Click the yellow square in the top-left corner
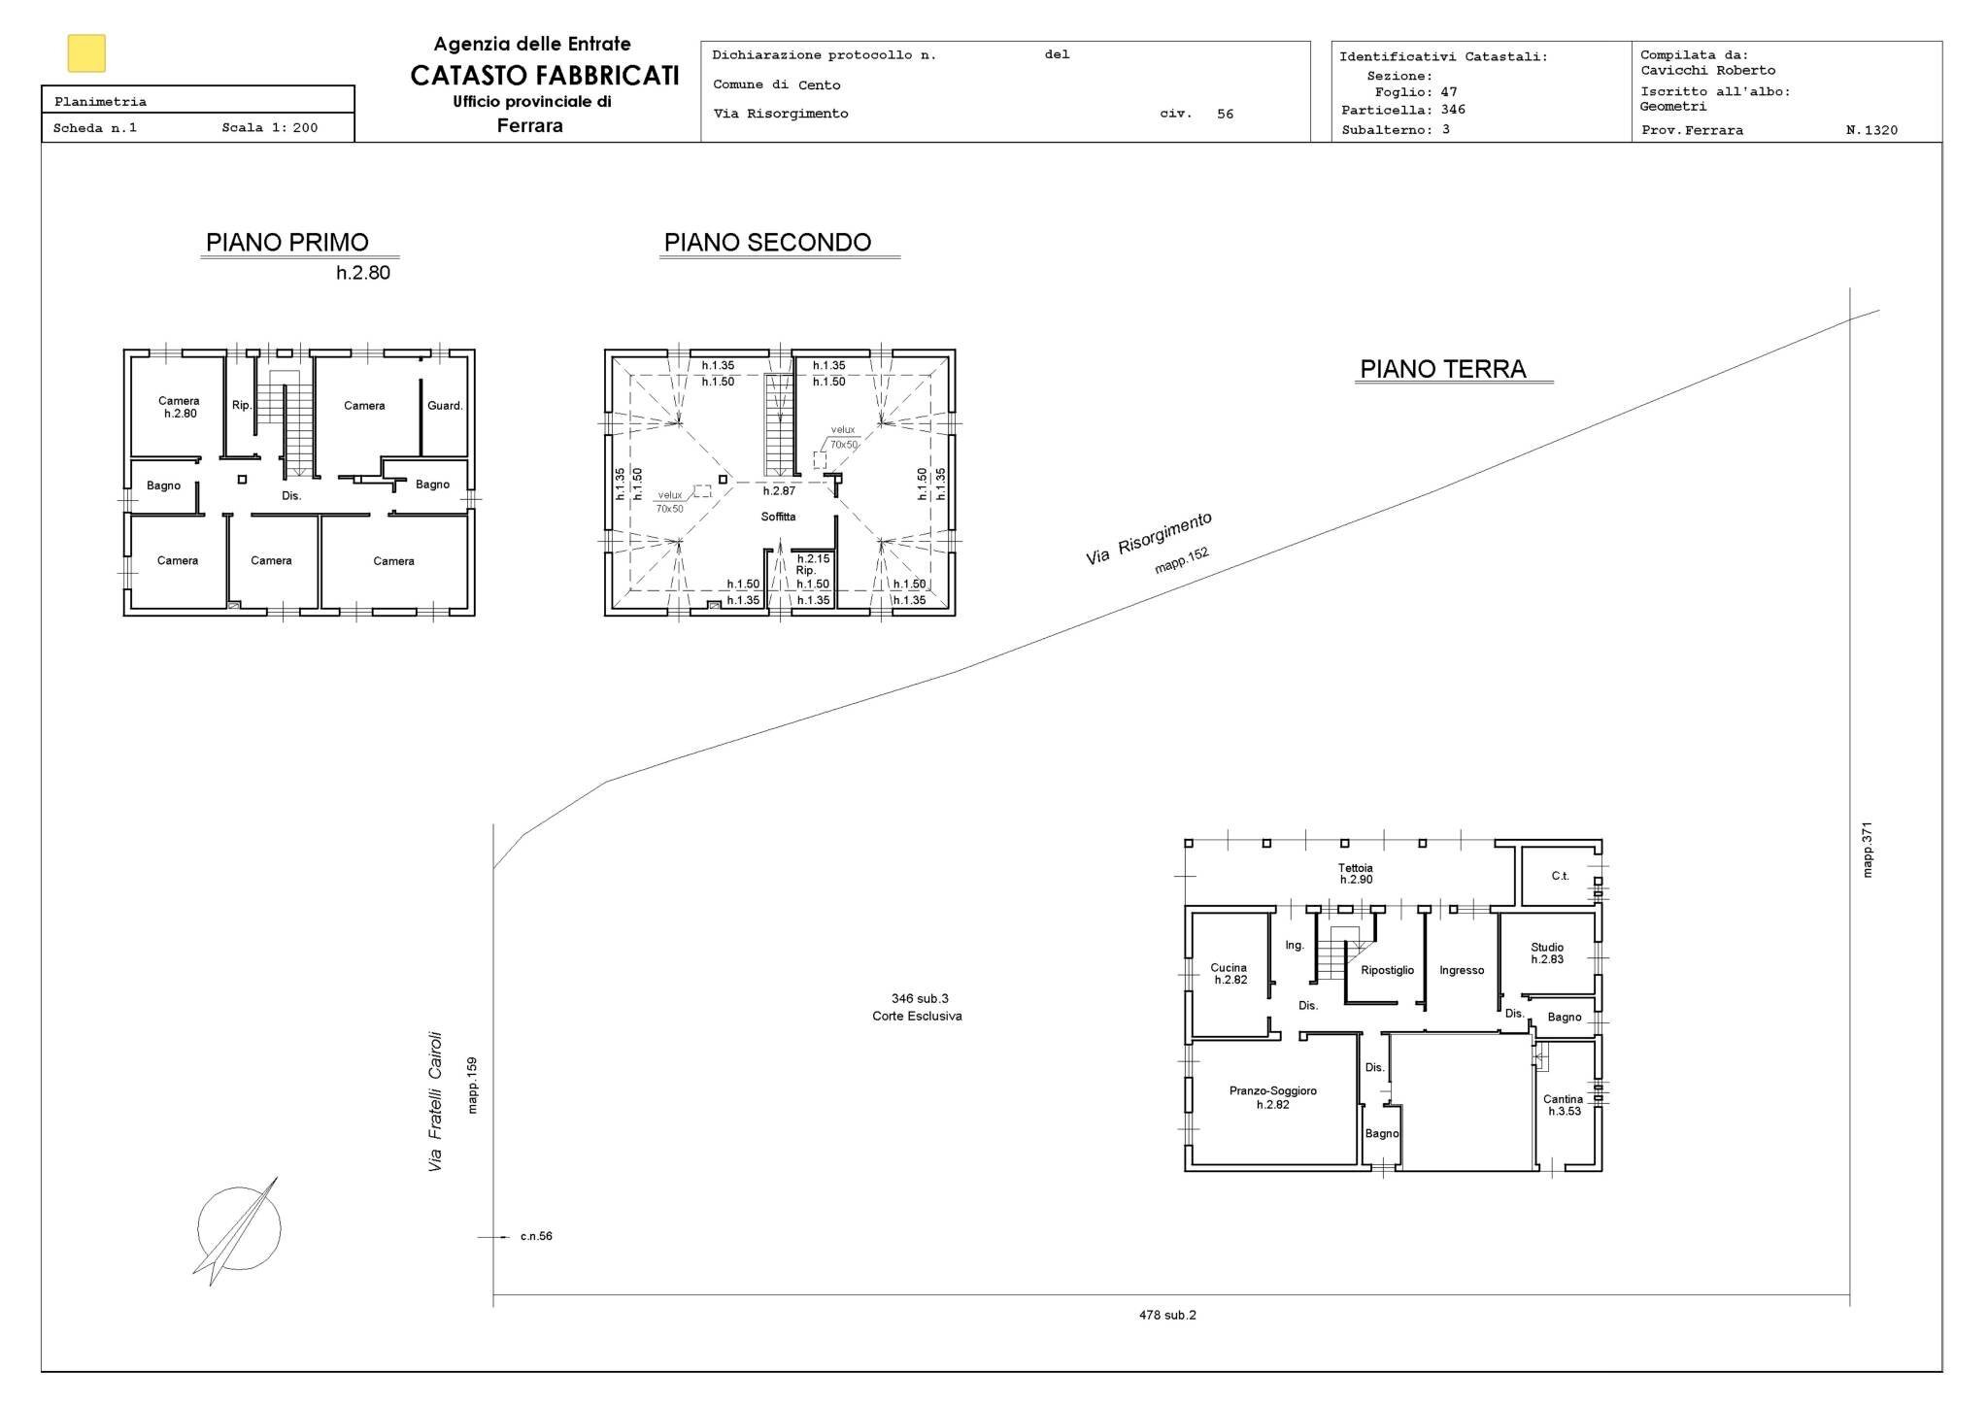point(86,53)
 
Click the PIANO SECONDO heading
point(767,243)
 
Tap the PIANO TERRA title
point(1442,369)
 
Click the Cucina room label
point(1229,968)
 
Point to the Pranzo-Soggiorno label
point(1272,1091)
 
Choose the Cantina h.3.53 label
point(1563,1105)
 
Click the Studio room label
point(1547,948)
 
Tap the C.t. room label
point(1560,876)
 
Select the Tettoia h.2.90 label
point(1355,874)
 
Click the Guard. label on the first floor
point(445,406)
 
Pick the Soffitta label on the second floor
point(778,517)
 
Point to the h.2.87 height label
point(779,491)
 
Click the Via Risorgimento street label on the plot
point(1148,539)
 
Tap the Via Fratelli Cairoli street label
point(435,1101)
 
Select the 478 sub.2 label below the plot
point(1167,1316)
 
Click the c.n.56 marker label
point(535,1237)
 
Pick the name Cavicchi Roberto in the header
point(1707,70)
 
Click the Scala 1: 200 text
point(269,127)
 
